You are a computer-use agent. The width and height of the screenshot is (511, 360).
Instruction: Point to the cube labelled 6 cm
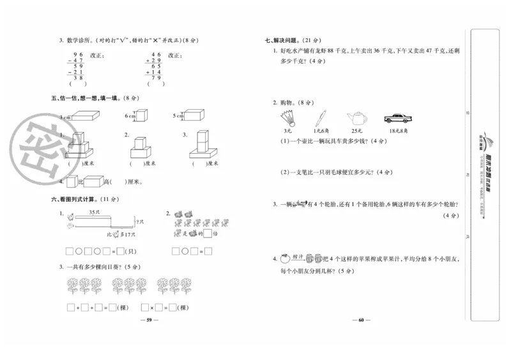click(142, 116)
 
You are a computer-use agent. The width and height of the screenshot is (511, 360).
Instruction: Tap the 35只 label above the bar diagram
click(94, 211)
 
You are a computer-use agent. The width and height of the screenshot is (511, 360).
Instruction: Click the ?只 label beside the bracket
click(140, 221)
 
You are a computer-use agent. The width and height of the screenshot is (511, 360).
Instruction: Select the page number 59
click(148, 320)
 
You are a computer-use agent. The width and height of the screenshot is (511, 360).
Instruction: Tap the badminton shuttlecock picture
click(286, 117)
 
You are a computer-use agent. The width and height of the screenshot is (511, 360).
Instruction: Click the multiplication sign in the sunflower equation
click(153, 307)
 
